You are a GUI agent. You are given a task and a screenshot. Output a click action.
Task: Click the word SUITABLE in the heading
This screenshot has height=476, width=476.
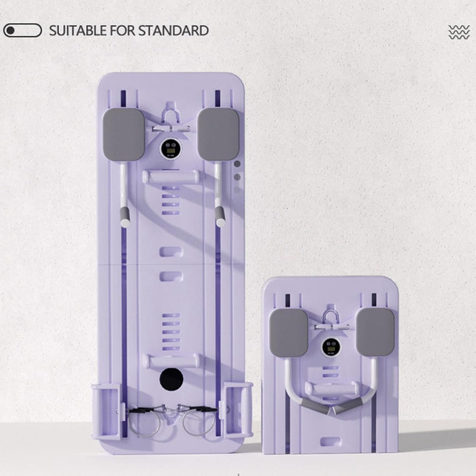tap(78, 31)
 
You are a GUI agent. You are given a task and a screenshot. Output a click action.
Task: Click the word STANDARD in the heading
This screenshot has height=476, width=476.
tap(173, 31)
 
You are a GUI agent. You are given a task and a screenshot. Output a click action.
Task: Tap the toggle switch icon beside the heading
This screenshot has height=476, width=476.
tap(22, 31)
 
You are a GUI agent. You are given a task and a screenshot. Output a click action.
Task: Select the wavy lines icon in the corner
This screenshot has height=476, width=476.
tap(459, 32)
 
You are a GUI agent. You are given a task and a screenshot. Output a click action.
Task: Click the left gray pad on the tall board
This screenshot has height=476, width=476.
tap(124, 135)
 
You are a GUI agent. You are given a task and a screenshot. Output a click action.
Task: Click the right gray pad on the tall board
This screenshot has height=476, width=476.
tap(218, 134)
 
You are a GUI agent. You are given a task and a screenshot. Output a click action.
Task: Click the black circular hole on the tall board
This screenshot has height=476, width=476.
tap(171, 379)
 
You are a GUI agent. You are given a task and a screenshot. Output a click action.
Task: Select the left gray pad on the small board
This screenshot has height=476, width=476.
tap(289, 333)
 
